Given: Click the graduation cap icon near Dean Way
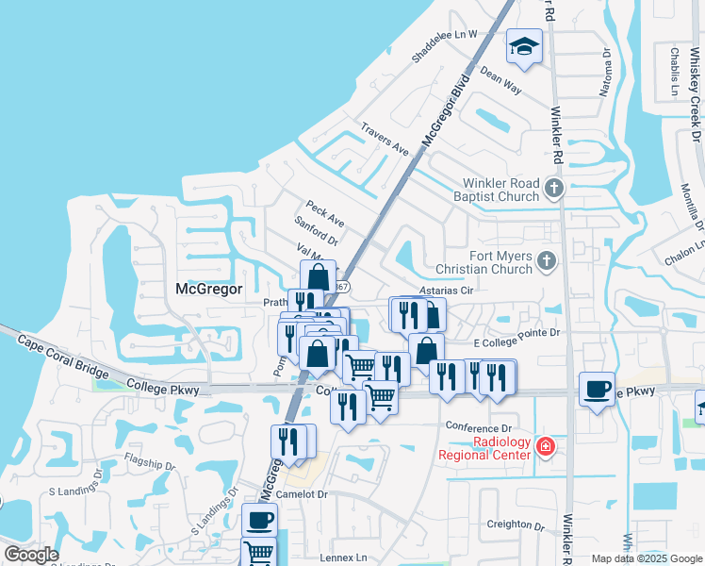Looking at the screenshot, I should click(525, 46).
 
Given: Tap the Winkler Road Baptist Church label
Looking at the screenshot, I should click(500, 190).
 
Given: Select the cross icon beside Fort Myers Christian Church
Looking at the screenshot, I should click(546, 260).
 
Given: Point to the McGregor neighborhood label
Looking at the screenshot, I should click(209, 289).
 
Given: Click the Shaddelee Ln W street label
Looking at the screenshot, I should click(445, 46).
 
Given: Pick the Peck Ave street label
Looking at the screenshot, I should click(324, 213).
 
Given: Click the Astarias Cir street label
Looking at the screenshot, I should click(445, 292).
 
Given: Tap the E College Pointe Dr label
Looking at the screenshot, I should click(516, 332).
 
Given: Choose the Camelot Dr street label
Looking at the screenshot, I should click(302, 494).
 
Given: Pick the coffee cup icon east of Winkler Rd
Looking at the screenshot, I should click(596, 389).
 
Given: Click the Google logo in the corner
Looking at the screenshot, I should click(30, 555).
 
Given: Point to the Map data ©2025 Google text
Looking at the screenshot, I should click(646, 558).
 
